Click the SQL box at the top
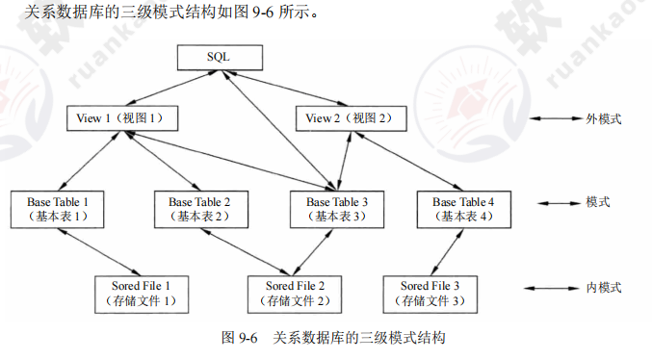click(219, 58)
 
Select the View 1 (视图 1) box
click(120, 118)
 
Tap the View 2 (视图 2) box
click(349, 118)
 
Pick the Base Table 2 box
click(199, 209)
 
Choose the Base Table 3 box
click(337, 209)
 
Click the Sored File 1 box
click(143, 293)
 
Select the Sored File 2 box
click(287, 293)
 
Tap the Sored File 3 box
click(430, 293)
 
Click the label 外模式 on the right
click(604, 119)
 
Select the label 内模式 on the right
click(604, 288)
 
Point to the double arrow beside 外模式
click(552, 119)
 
